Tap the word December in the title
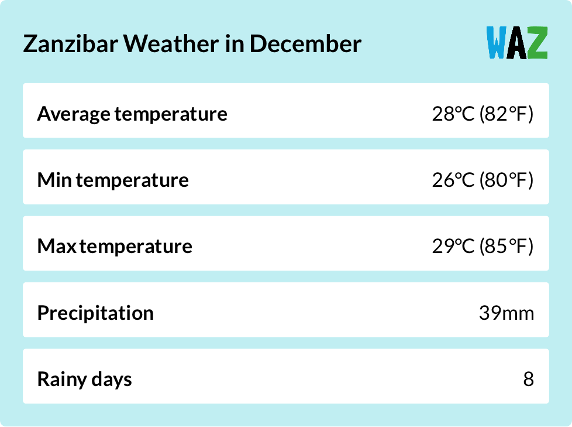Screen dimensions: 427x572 pyautogui.click(x=306, y=45)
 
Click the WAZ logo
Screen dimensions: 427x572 pyautogui.click(x=517, y=43)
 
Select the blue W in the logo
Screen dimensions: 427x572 pyautogui.click(x=497, y=43)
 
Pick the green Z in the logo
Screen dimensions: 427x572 pyautogui.click(x=537, y=43)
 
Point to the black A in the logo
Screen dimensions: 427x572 pyautogui.click(x=517, y=43)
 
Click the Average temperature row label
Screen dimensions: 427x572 pyautogui.click(x=132, y=113)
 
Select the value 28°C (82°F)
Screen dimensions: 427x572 pyautogui.click(x=483, y=113)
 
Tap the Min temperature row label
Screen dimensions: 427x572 pyautogui.click(x=113, y=180)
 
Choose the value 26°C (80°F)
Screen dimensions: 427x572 pyautogui.click(x=483, y=180)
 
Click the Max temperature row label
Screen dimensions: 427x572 pyautogui.click(x=115, y=246)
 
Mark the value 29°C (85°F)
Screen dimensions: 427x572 pyautogui.click(x=483, y=246)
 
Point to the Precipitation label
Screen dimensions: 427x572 pyautogui.click(x=95, y=313)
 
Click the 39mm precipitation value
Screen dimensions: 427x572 pyautogui.click(x=506, y=313)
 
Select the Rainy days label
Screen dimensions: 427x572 pyautogui.click(x=85, y=379)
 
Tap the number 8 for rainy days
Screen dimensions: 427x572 pyautogui.click(x=529, y=379)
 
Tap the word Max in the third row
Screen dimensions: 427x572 pyautogui.click(x=57, y=246)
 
